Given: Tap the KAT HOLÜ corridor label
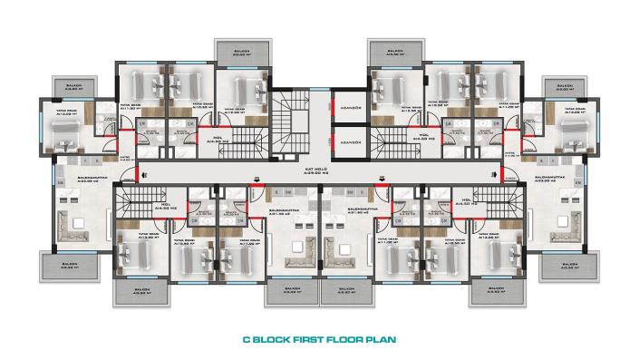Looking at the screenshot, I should pos(315,170).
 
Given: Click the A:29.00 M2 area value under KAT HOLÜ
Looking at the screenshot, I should pos(315,175).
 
